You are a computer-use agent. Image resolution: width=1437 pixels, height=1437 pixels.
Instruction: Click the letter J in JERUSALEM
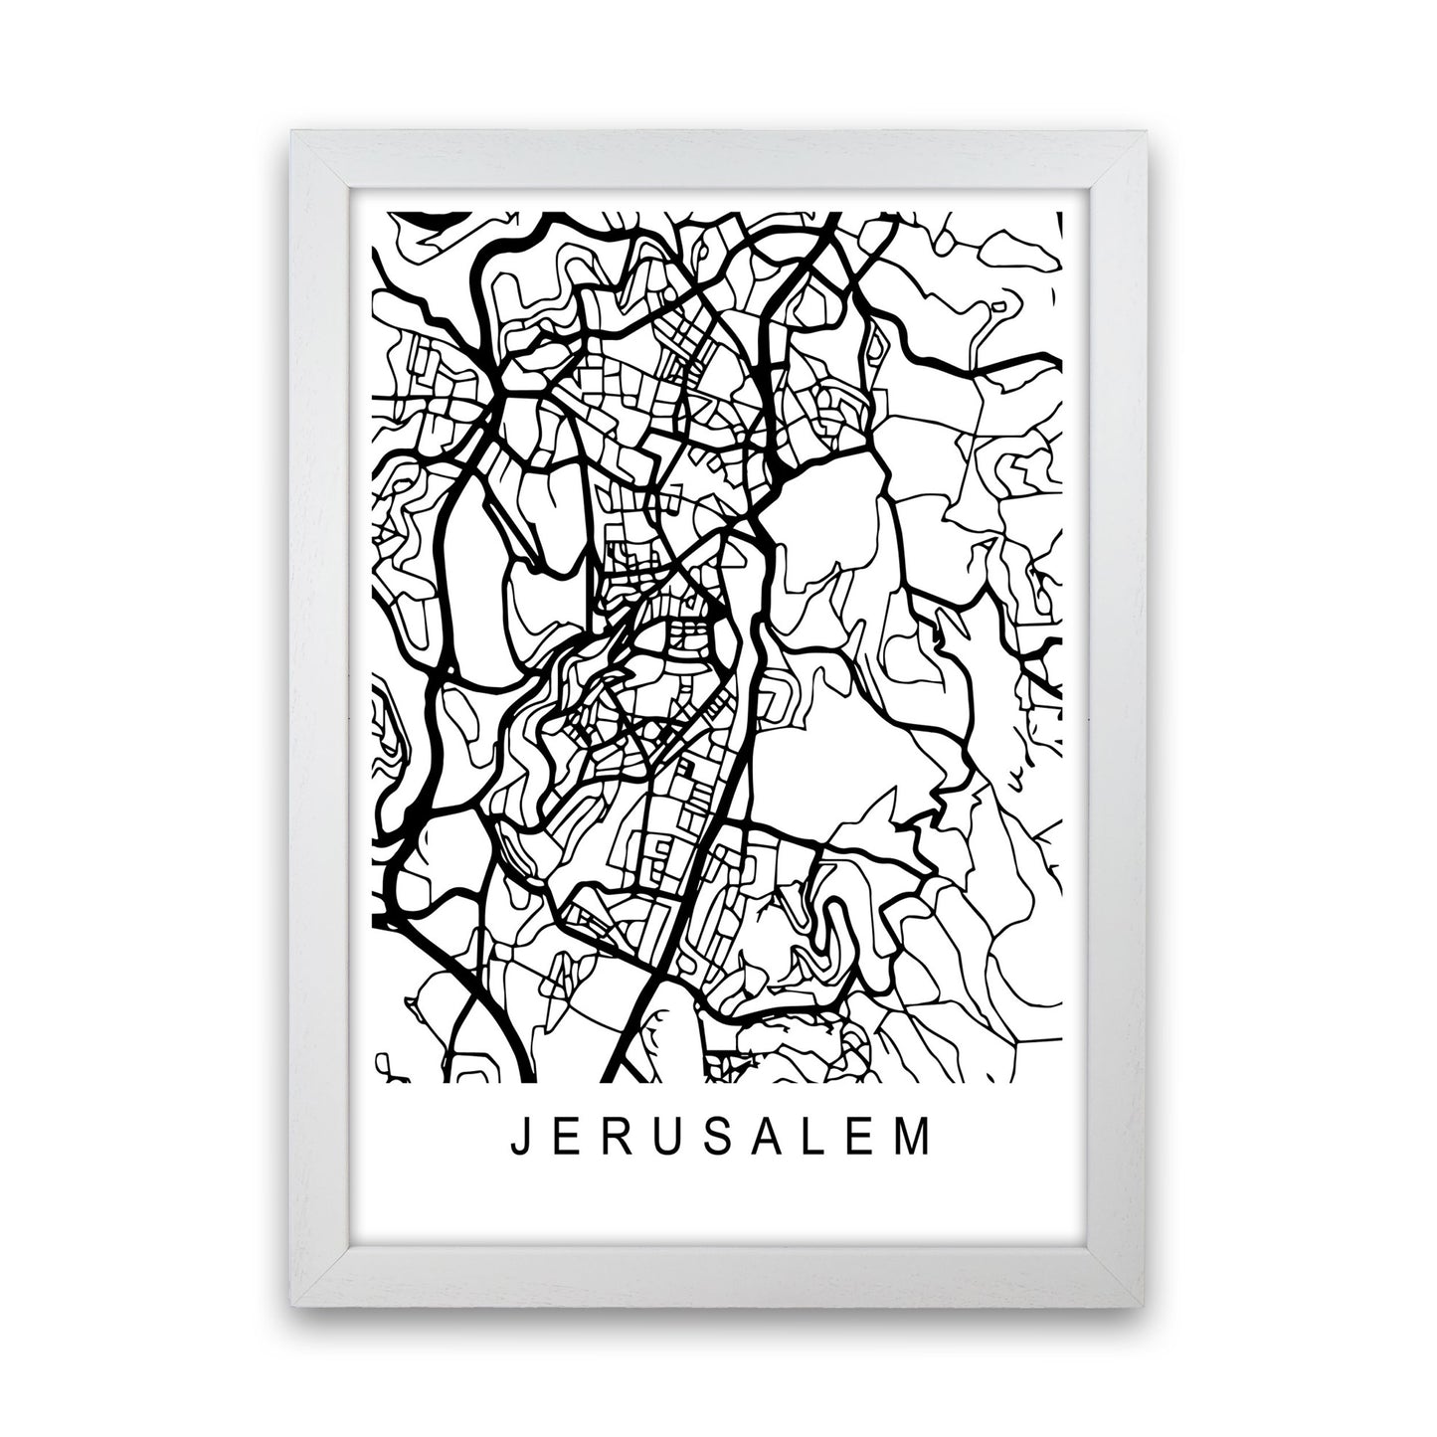pos(517,1140)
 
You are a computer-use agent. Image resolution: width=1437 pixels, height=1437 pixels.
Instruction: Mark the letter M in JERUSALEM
pos(920,1140)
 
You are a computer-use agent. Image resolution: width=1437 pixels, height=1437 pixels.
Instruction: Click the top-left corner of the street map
pos(371,212)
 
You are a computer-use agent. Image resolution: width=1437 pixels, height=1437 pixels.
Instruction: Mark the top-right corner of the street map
pos(1064,212)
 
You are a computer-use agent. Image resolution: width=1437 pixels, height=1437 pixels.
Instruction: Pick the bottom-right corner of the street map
pos(1064,1081)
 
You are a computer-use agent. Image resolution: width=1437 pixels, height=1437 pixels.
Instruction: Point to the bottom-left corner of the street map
pos(371,1081)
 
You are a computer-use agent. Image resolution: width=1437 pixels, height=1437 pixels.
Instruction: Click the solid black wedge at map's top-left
pos(428,218)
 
